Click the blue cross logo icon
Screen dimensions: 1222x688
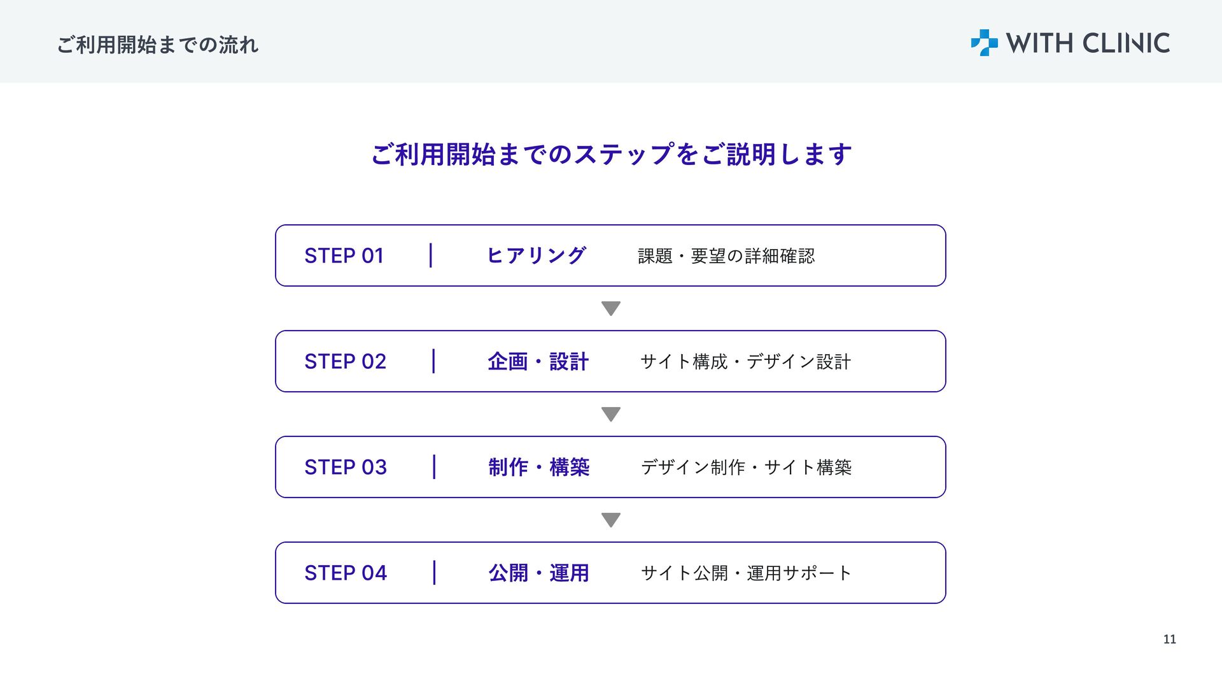(984, 43)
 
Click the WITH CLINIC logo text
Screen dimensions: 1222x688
(1088, 43)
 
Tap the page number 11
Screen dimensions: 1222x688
(1170, 640)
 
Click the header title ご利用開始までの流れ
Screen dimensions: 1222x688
(158, 45)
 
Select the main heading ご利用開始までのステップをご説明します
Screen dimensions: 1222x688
(611, 154)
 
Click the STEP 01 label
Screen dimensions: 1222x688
(344, 255)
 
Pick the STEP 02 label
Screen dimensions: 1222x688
(345, 361)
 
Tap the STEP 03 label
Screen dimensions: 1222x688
(346, 467)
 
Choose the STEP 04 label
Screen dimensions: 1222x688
(346, 573)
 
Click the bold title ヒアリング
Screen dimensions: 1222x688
(536, 255)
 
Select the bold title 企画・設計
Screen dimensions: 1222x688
(538, 361)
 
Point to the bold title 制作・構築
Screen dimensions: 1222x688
(539, 467)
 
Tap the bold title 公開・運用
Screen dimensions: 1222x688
(538, 573)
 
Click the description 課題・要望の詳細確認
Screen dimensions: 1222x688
(726, 256)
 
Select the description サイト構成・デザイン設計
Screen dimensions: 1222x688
(745, 362)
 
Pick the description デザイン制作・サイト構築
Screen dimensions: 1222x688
(746, 468)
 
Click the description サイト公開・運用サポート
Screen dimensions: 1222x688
(746, 573)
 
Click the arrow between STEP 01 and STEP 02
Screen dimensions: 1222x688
(611, 308)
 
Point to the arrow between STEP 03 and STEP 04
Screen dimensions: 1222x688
(611, 520)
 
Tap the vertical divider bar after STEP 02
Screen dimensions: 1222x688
(433, 361)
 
